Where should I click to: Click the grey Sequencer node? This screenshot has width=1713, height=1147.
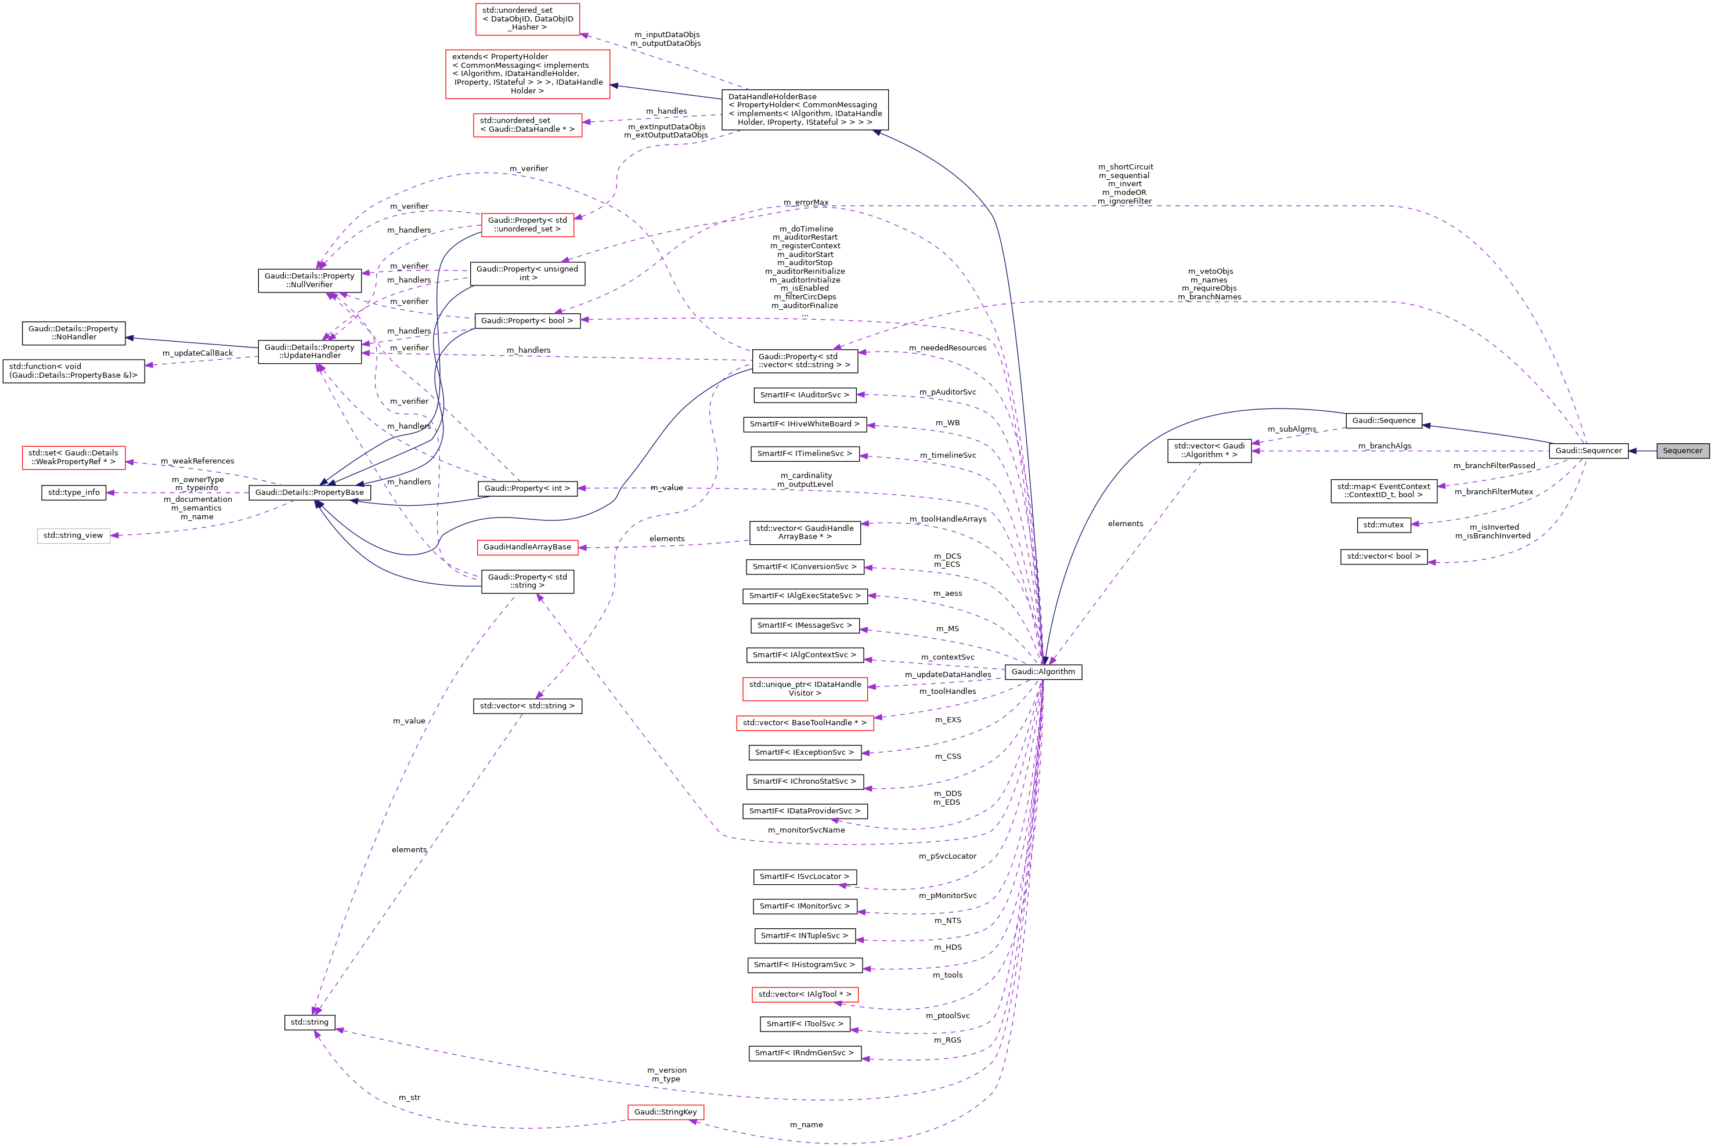point(1682,451)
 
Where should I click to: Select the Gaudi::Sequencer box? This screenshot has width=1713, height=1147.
point(1588,451)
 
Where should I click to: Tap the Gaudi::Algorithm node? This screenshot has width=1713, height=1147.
point(1043,671)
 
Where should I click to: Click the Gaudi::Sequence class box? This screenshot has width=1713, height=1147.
point(1383,421)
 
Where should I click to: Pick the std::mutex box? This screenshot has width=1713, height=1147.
point(1383,524)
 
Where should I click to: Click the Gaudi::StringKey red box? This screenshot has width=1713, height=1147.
point(665,1112)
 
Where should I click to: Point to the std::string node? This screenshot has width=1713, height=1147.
point(309,1022)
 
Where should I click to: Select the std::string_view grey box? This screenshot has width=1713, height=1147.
point(73,535)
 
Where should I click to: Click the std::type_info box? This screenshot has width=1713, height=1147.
point(73,493)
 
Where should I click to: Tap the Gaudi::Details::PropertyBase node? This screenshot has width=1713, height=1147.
point(309,493)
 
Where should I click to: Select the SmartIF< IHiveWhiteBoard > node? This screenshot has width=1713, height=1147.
point(804,424)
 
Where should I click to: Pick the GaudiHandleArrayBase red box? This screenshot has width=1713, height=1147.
point(527,547)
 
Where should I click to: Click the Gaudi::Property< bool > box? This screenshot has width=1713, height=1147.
point(527,320)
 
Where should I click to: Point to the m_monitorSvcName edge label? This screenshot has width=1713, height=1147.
point(806,830)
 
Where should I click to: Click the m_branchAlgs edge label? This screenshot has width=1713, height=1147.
point(1384,446)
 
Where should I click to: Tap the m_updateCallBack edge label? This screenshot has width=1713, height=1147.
point(197,353)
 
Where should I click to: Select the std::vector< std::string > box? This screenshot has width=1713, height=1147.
point(527,706)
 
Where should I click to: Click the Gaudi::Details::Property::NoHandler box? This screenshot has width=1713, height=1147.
point(73,333)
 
